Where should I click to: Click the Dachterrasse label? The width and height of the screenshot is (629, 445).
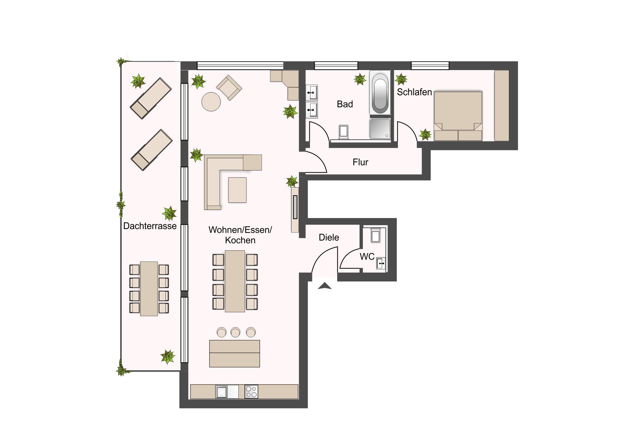[x=150, y=226]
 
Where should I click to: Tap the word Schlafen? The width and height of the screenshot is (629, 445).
[x=414, y=92]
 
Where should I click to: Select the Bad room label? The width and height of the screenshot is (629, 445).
[x=345, y=104]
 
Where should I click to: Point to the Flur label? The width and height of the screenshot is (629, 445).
[x=360, y=162]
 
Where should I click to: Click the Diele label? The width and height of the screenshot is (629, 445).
[x=329, y=238]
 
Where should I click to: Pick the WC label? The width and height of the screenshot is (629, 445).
[x=367, y=257]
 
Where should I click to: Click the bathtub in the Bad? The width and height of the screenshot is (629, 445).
[x=380, y=93]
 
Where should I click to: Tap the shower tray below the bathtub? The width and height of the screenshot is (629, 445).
[x=380, y=129]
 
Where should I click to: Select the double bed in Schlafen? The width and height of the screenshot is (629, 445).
[x=458, y=116]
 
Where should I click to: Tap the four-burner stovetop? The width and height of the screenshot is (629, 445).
[x=251, y=392]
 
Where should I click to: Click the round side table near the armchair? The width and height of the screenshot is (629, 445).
[x=211, y=102]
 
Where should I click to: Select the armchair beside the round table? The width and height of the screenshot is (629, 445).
[x=229, y=88]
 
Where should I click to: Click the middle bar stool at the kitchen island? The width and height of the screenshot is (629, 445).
[x=235, y=332]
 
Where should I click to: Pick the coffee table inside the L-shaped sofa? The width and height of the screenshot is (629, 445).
[x=237, y=190]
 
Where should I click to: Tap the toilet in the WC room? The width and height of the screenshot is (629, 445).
[x=375, y=235]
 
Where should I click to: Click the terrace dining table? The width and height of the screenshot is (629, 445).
[x=149, y=289]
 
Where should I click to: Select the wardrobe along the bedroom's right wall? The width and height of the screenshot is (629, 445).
[x=502, y=106]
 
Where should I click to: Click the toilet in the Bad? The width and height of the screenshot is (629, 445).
[x=343, y=132]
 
